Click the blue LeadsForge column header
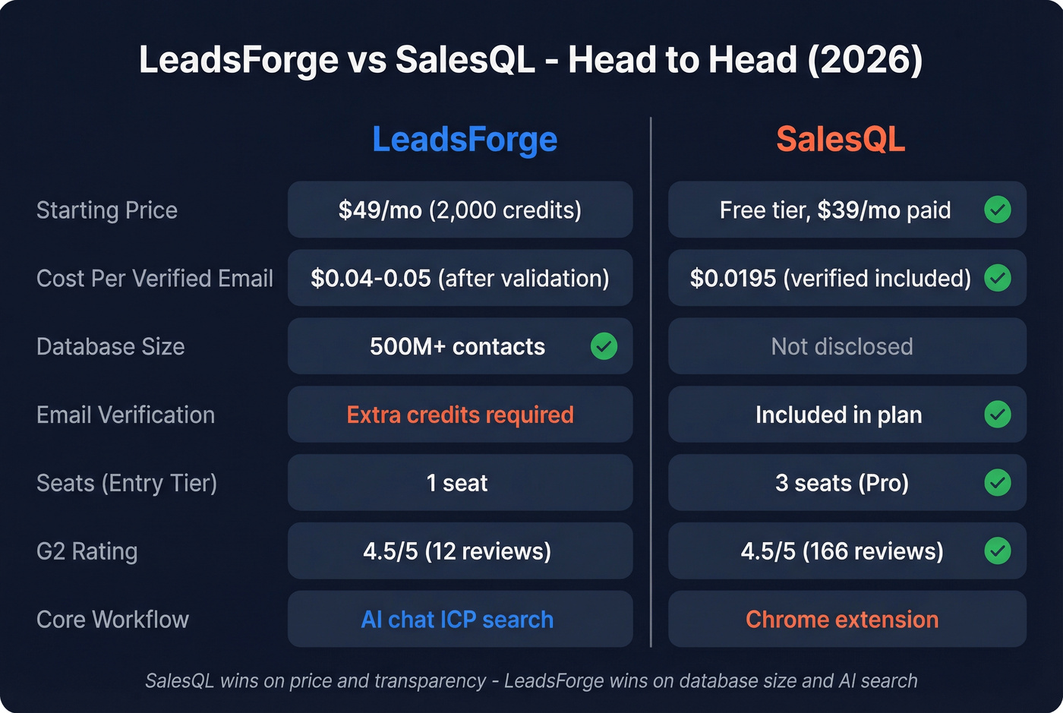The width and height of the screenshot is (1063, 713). [x=465, y=140]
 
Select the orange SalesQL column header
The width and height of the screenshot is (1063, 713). [x=841, y=140]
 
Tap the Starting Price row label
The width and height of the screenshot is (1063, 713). [x=107, y=210]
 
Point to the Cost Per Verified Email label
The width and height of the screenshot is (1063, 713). [x=155, y=279]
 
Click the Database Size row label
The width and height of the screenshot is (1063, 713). [x=111, y=347]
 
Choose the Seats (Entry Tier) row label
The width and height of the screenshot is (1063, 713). [x=127, y=483]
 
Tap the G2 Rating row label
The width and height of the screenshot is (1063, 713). [x=87, y=551]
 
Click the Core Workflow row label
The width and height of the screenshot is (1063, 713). [x=112, y=620]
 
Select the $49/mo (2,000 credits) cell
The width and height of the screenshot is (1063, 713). [x=460, y=210]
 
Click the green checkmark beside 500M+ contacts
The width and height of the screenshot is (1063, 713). [x=604, y=346]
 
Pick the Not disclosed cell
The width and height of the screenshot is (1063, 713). [x=842, y=347]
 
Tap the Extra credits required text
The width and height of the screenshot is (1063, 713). [x=460, y=415]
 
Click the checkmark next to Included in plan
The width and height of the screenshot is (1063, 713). [x=997, y=415]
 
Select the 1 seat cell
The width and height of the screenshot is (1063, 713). [x=457, y=483]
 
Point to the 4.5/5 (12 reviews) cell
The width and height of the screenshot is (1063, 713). [x=457, y=551]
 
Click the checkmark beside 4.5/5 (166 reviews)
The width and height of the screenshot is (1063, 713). [x=997, y=551]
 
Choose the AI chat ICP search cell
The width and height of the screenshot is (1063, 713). [x=457, y=620]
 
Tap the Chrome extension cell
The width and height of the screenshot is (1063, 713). [x=842, y=620]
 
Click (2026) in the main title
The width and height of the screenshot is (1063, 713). [x=865, y=60]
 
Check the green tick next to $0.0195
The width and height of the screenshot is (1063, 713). [x=997, y=278]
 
